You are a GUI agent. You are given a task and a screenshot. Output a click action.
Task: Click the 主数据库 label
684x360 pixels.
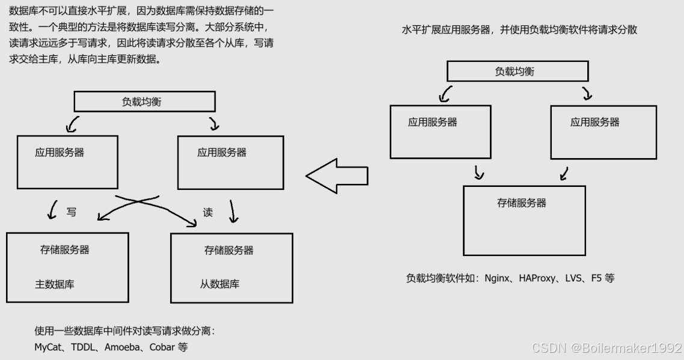point(55,284)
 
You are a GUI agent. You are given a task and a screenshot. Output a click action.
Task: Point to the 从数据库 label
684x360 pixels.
point(219,284)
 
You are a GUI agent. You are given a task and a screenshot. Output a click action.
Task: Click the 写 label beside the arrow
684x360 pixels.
point(71,212)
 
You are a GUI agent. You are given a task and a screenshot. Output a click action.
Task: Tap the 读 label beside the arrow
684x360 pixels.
point(208,212)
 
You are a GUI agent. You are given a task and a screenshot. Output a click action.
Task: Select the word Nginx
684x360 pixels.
point(496,278)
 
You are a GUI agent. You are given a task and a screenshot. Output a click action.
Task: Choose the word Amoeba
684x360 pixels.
point(123,347)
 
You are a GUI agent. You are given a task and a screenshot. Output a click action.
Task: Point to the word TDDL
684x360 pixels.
point(85,347)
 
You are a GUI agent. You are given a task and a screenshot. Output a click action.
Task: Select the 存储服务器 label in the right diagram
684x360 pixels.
point(522,203)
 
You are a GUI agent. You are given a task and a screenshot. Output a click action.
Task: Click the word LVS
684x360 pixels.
point(574,278)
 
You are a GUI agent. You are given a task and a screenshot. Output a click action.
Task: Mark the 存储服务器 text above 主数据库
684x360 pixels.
point(64,250)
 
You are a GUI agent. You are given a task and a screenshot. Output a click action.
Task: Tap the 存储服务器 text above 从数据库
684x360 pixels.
point(228,250)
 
